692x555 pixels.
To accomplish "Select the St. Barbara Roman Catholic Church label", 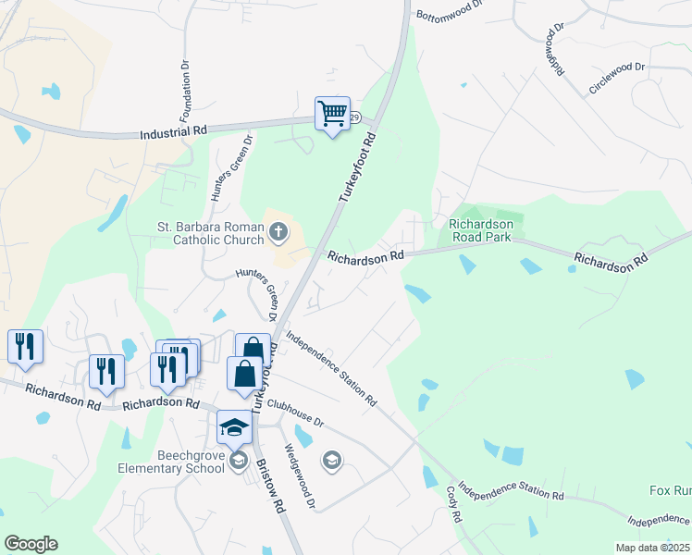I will (x=210, y=232).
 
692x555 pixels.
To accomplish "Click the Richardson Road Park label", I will (x=480, y=229).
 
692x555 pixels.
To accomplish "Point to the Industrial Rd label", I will (x=173, y=134).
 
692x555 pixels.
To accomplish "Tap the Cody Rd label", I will (x=453, y=504).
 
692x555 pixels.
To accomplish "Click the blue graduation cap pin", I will (x=234, y=428).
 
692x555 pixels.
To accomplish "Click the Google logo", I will (x=31, y=544).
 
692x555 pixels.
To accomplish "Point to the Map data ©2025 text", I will (x=652, y=548).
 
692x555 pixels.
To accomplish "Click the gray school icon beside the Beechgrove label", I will (x=239, y=461).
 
